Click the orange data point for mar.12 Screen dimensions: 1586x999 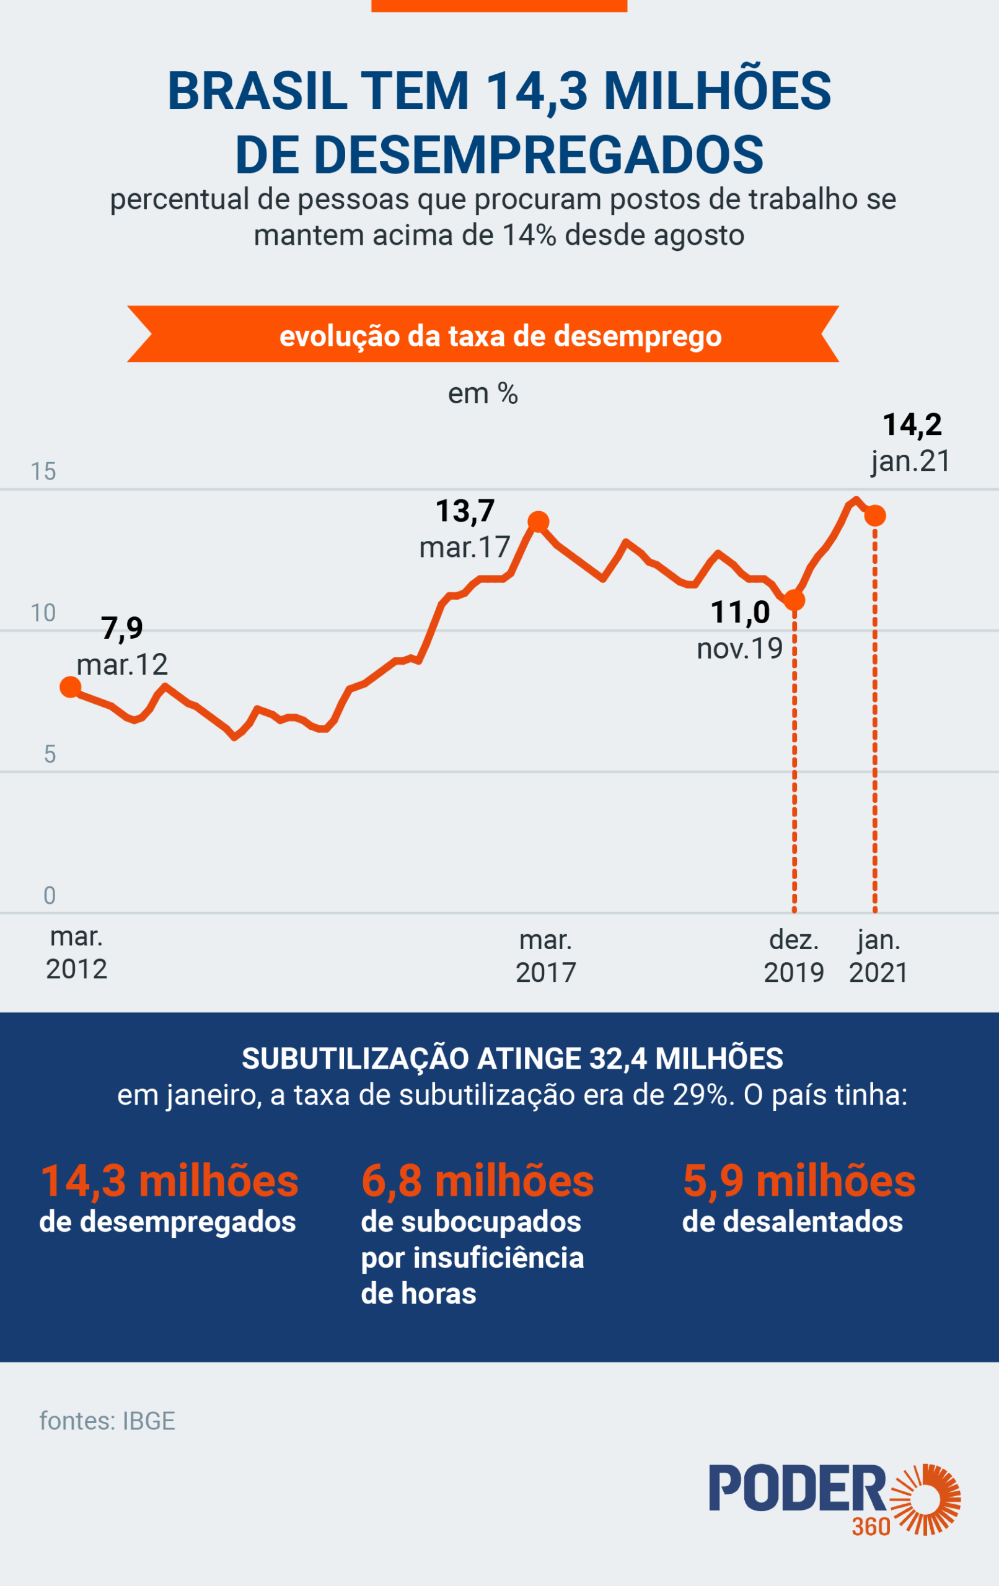[70, 687]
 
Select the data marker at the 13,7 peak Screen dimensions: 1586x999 [539, 522]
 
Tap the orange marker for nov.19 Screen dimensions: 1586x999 [794, 600]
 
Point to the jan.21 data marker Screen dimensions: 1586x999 [875, 515]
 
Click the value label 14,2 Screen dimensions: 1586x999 [912, 424]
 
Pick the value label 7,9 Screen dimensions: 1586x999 [122, 628]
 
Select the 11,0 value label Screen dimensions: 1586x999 [740, 613]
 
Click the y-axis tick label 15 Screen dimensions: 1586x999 [43, 471]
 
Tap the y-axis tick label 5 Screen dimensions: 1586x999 [50, 754]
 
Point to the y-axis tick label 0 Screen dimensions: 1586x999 [50, 896]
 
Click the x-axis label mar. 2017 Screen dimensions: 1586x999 [545, 956]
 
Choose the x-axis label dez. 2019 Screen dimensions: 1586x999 [794, 956]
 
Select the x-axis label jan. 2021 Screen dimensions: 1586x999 [878, 956]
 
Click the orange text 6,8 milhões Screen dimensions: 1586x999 [477, 1180]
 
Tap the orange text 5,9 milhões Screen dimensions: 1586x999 [799, 1180]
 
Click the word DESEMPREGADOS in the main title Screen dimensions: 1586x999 [500, 155]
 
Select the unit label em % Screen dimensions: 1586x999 [482, 394]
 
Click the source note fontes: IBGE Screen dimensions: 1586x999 [107, 1421]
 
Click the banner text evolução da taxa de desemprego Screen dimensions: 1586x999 [500, 336]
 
